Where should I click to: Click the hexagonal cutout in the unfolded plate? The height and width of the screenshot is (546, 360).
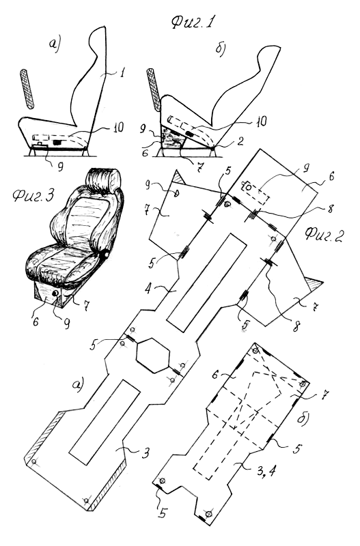153,356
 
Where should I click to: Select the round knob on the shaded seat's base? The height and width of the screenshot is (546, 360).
56,294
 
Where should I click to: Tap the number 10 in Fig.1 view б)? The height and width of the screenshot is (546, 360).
260,121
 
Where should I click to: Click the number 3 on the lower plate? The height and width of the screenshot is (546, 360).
146,453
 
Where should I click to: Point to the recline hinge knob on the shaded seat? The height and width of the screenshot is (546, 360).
104,255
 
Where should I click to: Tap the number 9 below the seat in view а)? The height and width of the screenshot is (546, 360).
60,167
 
